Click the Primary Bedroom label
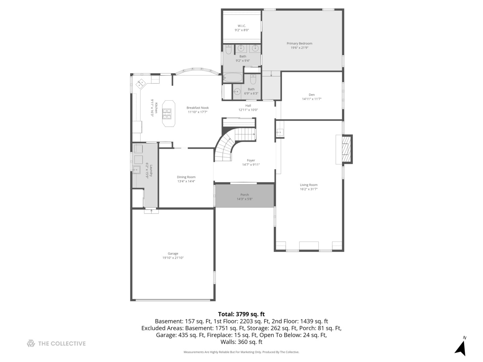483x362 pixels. (299, 43)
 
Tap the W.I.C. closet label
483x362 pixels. (241, 26)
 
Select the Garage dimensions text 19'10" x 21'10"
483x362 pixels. (173, 258)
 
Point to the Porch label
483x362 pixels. (245, 195)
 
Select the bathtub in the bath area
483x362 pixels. (232, 78)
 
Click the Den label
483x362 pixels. (312, 95)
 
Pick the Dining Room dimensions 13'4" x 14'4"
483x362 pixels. (186, 181)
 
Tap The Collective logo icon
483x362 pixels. (31, 343)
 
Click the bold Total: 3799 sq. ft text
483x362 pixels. (241, 314)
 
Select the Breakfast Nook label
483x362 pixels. (198, 108)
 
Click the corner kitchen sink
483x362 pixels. (141, 83)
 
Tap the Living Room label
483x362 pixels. (309, 185)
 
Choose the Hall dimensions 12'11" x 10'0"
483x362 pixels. (248, 110)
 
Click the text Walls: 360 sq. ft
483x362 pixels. (241, 342)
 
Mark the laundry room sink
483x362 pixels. (137, 170)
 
